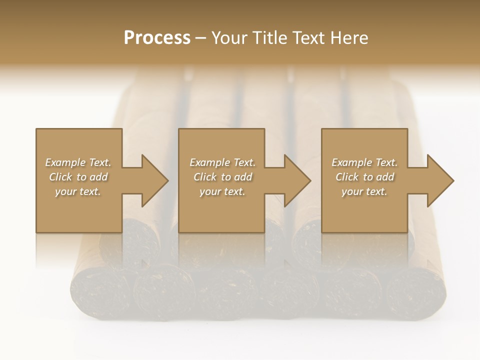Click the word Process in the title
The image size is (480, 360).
(157, 38)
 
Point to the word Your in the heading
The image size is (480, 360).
(229, 38)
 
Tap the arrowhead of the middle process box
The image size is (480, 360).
(297, 180)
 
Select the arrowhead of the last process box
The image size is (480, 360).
(440, 180)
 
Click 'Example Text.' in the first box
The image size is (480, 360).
(78, 162)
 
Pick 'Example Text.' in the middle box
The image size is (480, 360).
(222, 162)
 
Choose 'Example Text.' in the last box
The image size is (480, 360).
(364, 162)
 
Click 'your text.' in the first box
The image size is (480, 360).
(78, 191)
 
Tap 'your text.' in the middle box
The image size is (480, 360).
(222, 191)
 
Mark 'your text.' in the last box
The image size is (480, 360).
(364, 191)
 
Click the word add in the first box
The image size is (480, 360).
(98, 177)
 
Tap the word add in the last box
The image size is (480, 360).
(385, 177)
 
